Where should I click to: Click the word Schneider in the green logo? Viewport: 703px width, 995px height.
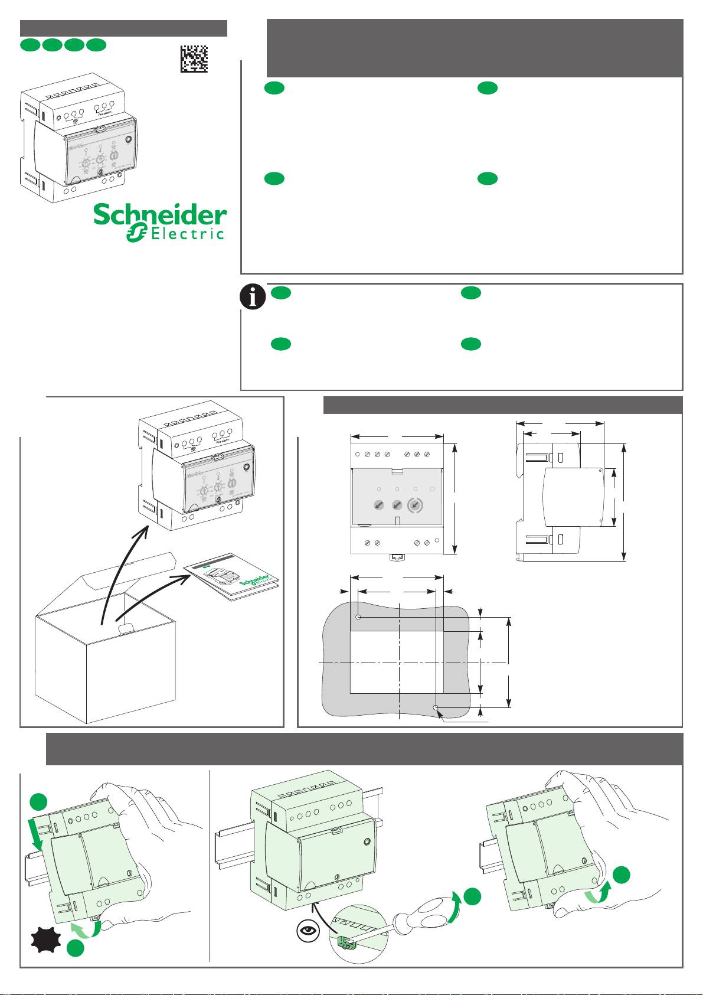click(x=160, y=215)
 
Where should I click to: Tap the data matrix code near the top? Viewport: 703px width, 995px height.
click(x=194, y=59)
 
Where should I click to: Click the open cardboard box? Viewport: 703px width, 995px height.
click(x=106, y=661)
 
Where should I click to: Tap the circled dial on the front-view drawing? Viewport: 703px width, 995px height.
click(x=416, y=505)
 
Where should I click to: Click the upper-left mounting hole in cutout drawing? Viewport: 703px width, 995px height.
click(x=358, y=617)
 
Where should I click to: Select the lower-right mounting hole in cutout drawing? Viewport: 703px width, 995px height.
click(x=436, y=707)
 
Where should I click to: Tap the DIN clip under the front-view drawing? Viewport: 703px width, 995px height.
click(x=397, y=557)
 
